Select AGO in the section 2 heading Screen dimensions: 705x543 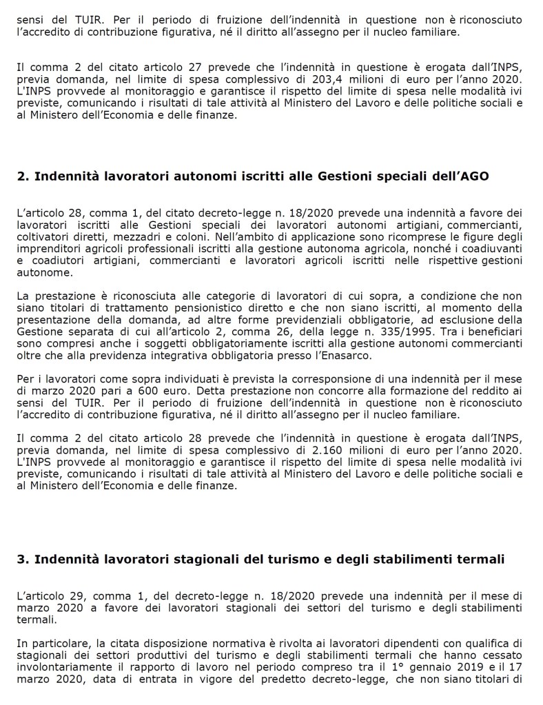pyautogui.click(x=475, y=176)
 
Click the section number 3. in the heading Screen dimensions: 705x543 pyautogui.click(x=22, y=558)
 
